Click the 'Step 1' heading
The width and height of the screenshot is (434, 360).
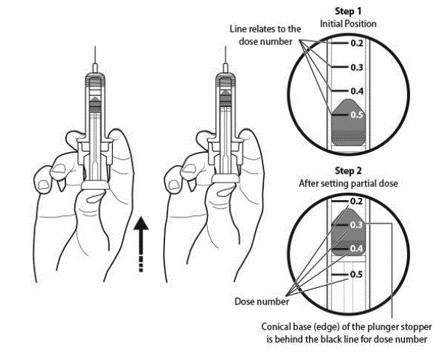tap(348, 12)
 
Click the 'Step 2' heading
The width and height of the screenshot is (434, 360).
tap(348, 171)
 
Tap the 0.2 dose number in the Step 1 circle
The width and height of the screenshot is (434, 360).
tap(357, 43)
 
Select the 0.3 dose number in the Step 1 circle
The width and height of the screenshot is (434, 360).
tap(357, 68)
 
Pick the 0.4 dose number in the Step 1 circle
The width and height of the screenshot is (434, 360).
tap(357, 91)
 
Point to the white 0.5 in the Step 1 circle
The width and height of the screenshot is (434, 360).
tap(357, 115)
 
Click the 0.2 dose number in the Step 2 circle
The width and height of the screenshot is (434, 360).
tap(356, 201)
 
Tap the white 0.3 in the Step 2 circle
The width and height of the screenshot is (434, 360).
tap(356, 225)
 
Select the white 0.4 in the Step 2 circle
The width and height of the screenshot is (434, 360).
tap(356, 249)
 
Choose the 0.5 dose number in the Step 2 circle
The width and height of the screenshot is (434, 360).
tap(356, 274)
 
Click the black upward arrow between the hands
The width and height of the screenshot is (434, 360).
tap(141, 244)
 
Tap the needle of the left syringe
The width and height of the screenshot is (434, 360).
tap(95, 55)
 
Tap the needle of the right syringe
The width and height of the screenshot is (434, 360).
tap(225, 55)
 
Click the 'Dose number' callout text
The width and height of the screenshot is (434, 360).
tap(262, 302)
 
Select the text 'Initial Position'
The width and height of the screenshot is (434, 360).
tap(348, 24)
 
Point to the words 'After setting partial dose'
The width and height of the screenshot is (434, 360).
tap(348, 183)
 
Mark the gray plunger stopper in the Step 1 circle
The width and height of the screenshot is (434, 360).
tap(349, 122)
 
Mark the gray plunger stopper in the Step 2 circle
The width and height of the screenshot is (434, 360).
tap(348, 232)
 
